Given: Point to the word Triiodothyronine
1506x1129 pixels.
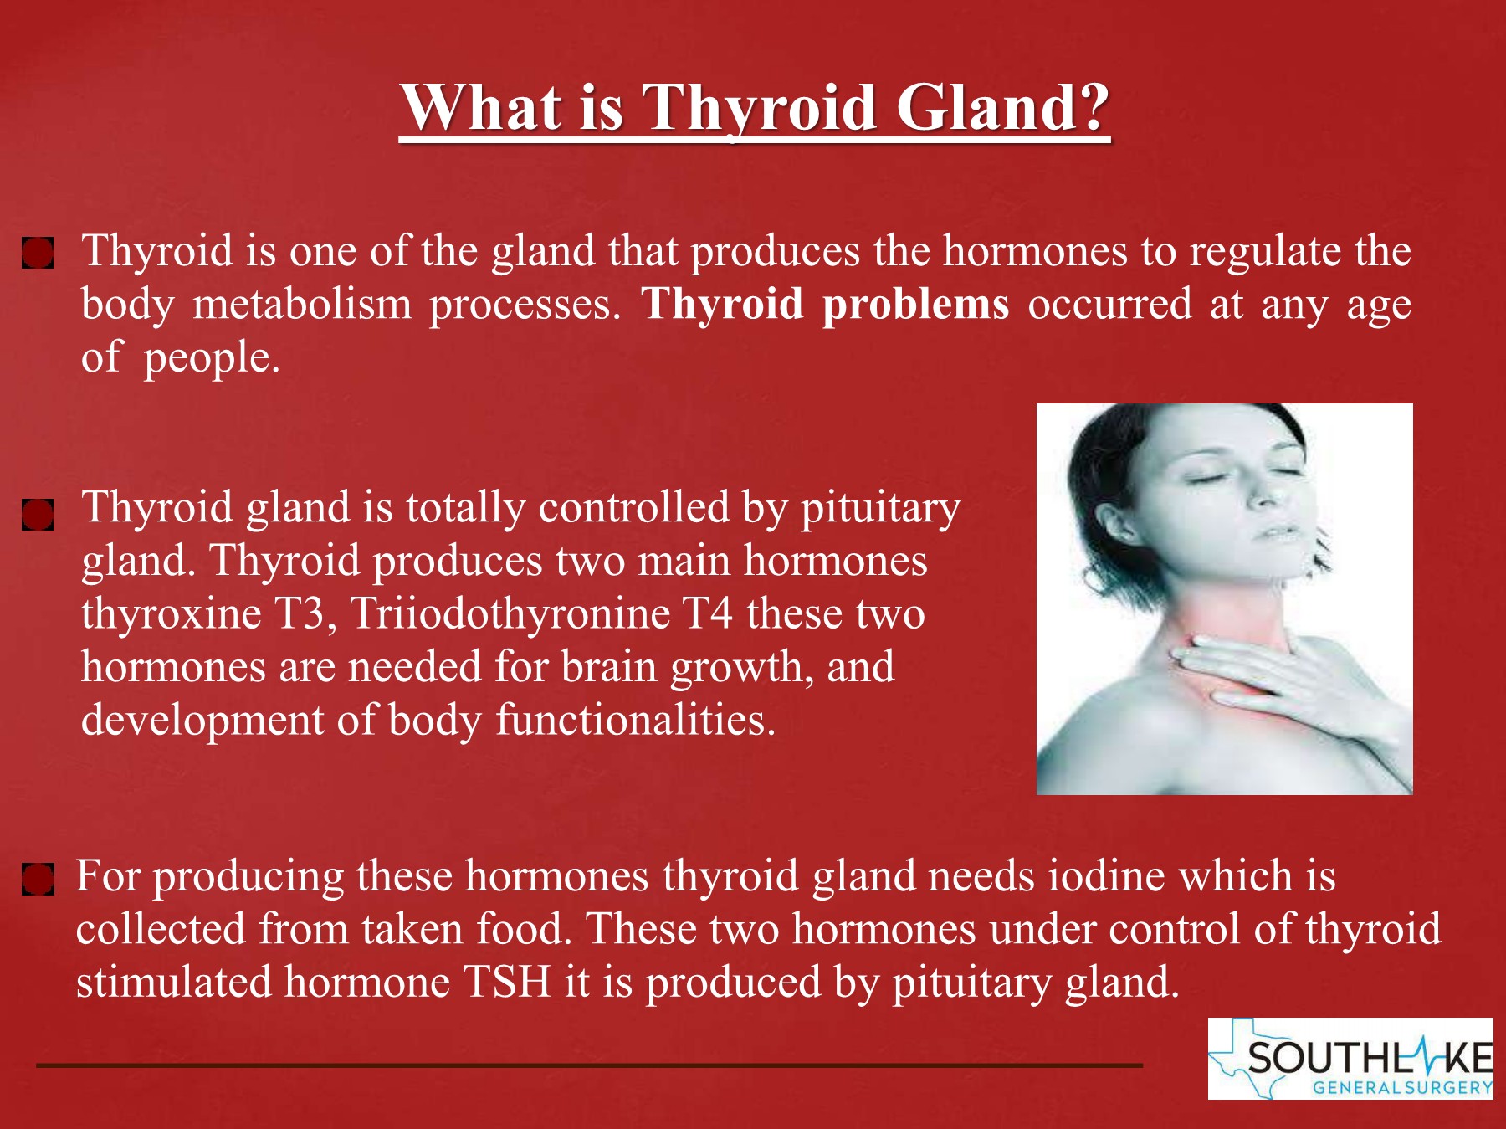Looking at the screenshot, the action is (510, 615).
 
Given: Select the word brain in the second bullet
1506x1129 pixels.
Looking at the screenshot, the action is (609, 667).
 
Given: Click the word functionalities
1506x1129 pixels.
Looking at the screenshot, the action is (636, 720).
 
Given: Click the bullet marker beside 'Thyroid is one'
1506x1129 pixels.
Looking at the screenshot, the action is (38, 252).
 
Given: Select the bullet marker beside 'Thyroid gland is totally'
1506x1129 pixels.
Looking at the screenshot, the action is (38, 516).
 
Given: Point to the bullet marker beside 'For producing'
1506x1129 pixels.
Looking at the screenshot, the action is (38, 880).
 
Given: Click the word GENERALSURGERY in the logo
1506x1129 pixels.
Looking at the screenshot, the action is (1402, 1088).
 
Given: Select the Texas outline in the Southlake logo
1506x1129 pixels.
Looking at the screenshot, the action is (1247, 1056).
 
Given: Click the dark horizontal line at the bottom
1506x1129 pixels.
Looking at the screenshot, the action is (589, 1065).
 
